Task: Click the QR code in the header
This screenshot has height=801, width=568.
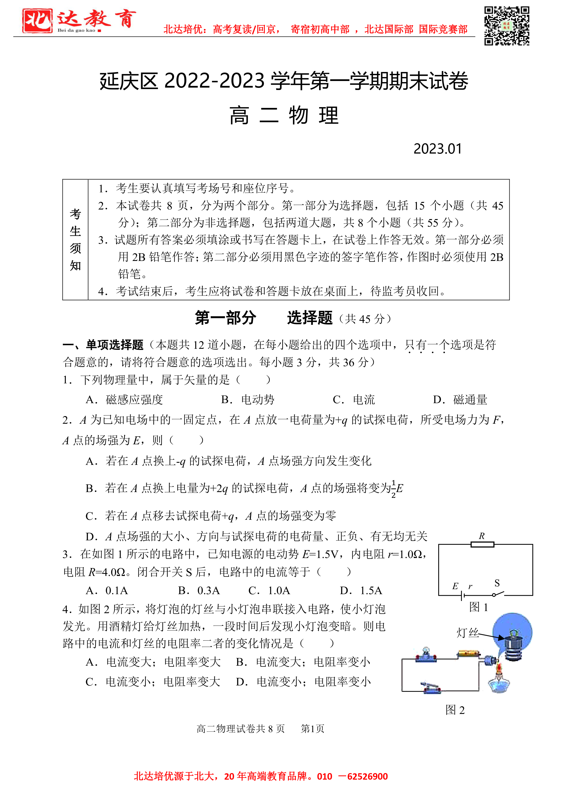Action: coord(506,26)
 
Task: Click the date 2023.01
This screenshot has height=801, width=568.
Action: coord(437,149)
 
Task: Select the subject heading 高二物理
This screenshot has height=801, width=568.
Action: coord(284,116)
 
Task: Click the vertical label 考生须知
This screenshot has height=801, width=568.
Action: coord(75,240)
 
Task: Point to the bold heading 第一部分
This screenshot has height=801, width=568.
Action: coord(226,318)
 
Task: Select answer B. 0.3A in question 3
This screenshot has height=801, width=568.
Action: coord(199,591)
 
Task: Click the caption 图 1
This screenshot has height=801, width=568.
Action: coord(478,607)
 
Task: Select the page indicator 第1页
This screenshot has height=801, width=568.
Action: coord(312,729)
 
